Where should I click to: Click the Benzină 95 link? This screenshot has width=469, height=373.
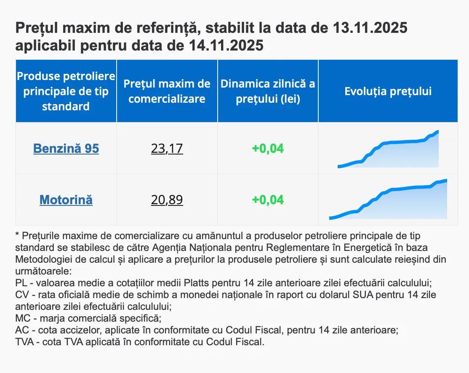pos(66,149)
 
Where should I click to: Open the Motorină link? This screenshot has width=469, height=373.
pos(66,200)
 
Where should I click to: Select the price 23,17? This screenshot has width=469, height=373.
pos(167,149)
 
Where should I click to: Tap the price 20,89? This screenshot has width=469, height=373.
pos(167,200)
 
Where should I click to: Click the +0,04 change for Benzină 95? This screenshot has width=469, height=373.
pos(268,149)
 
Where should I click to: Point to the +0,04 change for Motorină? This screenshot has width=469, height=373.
pos(268,200)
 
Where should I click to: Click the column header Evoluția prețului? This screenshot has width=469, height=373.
pos(388,91)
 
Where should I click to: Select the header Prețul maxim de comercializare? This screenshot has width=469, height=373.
pos(167,91)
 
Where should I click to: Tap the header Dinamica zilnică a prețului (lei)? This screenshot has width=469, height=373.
pos(268,91)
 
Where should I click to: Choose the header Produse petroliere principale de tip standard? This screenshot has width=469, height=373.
pos(66,91)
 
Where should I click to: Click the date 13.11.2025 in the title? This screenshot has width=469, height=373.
pos(370,29)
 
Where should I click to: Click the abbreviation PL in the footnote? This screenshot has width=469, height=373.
pos(21,282)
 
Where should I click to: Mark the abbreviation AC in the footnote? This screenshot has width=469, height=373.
pos(21,330)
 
